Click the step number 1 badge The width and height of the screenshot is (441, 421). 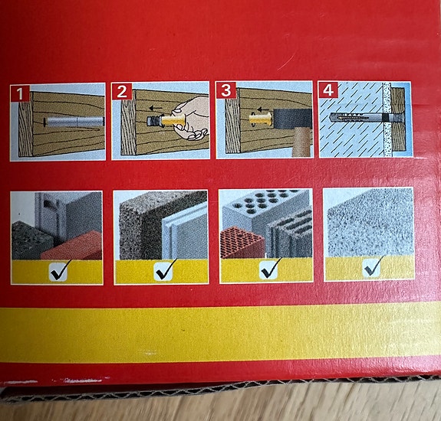coord(20,93)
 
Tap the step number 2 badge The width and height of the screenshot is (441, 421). coord(122,91)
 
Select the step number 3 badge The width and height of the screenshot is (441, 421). coord(226,90)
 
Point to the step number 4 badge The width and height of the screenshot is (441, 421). coord(328,90)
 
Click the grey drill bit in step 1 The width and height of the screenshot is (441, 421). coord(75,122)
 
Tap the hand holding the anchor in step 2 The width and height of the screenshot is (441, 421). coord(191,118)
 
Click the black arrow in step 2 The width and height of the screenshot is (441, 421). coord(156,108)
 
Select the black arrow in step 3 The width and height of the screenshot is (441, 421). coord(264,109)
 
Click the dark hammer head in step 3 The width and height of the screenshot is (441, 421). coord(292,119)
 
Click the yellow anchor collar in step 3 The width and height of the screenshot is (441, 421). coord(261,119)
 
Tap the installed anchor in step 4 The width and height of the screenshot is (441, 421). coord(367,117)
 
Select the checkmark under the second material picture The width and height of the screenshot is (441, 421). coord(165,270)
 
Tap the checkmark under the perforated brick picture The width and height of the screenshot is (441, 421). coord(270,269)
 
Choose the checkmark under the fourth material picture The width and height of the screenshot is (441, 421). coord(374,267)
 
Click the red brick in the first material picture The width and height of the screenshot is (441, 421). coord(73,245)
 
